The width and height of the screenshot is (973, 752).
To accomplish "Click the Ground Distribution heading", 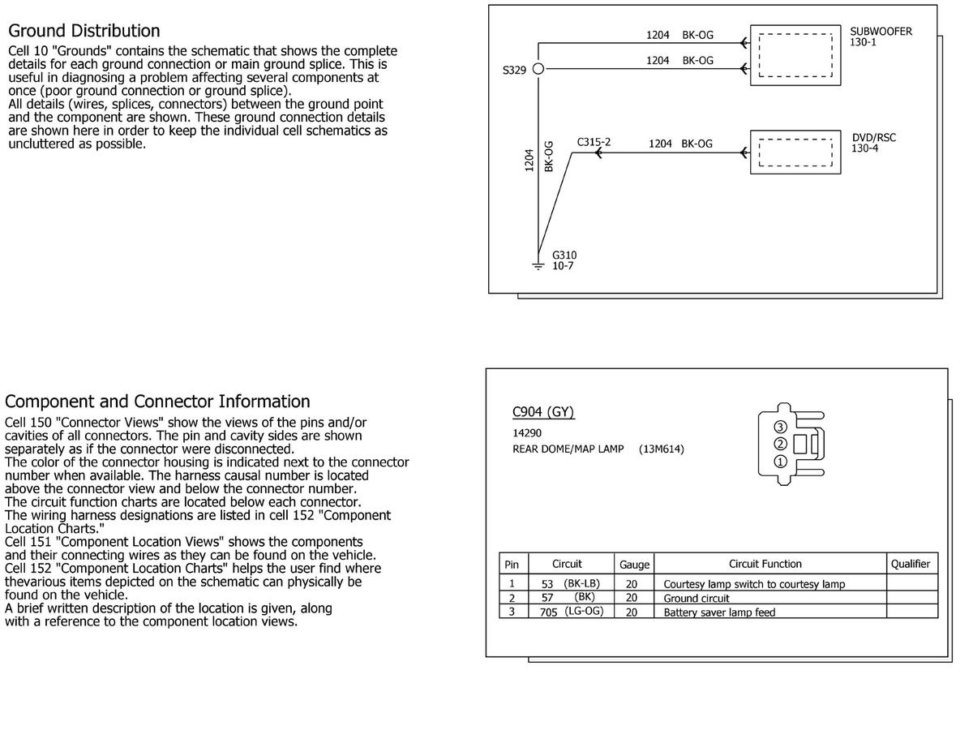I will click(x=84, y=31).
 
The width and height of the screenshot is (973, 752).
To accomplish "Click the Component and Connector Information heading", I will click(x=157, y=402).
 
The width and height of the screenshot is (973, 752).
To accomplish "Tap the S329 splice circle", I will click(x=537, y=70).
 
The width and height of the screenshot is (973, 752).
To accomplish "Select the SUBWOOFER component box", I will click(x=795, y=54).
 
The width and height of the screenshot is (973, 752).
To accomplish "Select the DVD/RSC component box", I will click(x=795, y=152).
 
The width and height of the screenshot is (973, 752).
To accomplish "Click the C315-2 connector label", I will click(x=594, y=142).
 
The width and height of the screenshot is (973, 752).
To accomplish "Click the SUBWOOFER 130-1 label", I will click(x=881, y=37).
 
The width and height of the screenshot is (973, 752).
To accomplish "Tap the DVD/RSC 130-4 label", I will click(x=873, y=143).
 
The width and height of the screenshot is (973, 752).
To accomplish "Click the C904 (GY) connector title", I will click(x=543, y=411).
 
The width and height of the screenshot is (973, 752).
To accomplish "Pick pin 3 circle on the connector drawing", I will click(x=780, y=427).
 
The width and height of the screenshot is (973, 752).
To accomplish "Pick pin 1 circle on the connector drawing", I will click(x=780, y=462).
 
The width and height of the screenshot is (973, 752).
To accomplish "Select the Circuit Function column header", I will click(x=765, y=564).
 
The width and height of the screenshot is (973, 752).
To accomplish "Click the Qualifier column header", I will click(x=911, y=564).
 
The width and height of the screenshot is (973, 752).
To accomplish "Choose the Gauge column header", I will click(x=634, y=565).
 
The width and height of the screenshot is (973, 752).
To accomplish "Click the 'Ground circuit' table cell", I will click(x=697, y=598).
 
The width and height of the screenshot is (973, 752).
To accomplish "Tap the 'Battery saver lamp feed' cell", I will click(x=719, y=612).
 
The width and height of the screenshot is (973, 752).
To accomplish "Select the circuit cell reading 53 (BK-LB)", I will click(x=570, y=583).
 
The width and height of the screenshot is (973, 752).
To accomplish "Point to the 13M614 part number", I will click(x=661, y=449).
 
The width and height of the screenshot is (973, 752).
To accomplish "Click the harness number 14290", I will click(x=527, y=433).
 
